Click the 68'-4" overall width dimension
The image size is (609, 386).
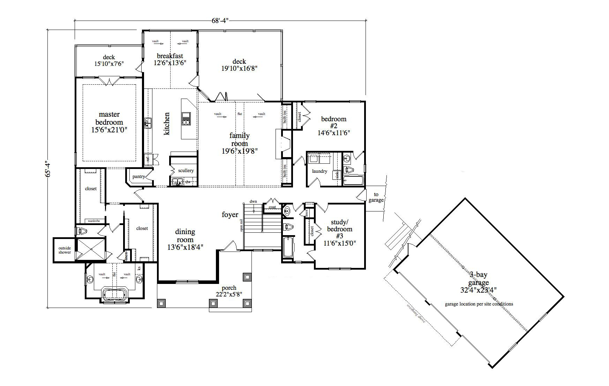coord(220,21)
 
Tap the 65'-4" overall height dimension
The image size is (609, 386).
coord(48,169)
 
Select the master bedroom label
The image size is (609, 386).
coord(109,122)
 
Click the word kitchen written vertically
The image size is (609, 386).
coord(167,124)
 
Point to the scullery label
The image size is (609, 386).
coord(186,171)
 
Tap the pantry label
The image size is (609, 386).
coord(138,177)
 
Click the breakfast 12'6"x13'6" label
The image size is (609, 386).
coord(170,59)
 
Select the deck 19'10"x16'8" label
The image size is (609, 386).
coord(239,65)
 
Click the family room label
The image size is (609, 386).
coord(240,143)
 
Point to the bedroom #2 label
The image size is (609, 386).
coord(333,126)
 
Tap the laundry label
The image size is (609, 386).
coord(319,171)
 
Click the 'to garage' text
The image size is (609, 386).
coord(376,198)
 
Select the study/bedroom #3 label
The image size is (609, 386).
coord(339,232)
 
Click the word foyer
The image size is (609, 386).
coord(230,215)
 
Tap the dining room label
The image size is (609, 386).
coord(185,239)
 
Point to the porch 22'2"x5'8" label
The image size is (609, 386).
coord(229,291)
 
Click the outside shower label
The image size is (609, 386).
coord(65,250)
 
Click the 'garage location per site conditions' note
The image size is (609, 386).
coord(479,304)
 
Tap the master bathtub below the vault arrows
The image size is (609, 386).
coord(115,294)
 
